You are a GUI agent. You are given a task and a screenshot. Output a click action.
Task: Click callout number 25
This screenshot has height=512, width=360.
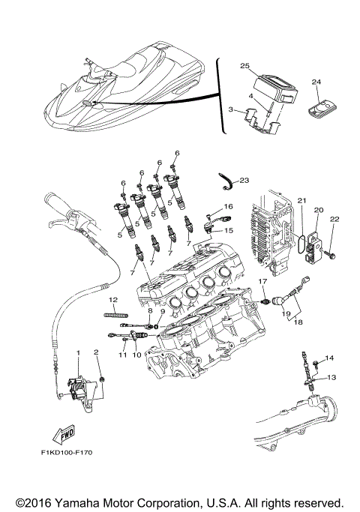pos(244,67)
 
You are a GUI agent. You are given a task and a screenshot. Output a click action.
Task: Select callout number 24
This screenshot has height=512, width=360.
pos(316,81)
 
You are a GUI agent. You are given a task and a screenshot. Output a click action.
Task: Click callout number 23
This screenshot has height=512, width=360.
pos(244,181)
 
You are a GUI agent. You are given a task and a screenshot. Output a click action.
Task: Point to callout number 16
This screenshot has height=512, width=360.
pos(228,206)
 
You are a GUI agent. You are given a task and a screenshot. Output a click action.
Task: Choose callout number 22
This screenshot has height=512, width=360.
pos(334,219)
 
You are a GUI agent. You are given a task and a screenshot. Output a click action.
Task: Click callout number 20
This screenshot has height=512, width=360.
pos(318,211)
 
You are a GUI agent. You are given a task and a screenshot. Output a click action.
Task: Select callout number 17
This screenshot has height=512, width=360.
pos(263,281)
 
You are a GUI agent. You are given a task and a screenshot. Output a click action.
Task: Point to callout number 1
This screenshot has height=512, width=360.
pos(76,352)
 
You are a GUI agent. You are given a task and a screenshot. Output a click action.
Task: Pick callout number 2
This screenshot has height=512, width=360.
pos(96,352)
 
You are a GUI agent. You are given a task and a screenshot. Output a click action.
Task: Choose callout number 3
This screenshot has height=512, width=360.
pos(231,110)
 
